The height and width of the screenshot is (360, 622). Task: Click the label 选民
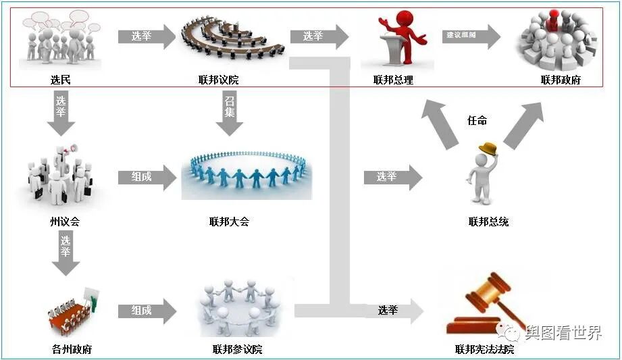click(60, 80)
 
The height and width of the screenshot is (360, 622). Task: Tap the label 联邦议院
click(219, 80)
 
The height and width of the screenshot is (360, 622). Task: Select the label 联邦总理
click(393, 80)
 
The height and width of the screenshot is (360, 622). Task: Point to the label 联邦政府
click(561, 80)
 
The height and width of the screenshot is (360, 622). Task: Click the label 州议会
click(64, 221)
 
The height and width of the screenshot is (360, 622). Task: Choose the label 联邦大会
click(230, 221)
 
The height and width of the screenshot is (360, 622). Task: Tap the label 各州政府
click(72, 349)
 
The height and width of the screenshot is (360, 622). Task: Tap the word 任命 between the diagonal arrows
click(477, 121)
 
